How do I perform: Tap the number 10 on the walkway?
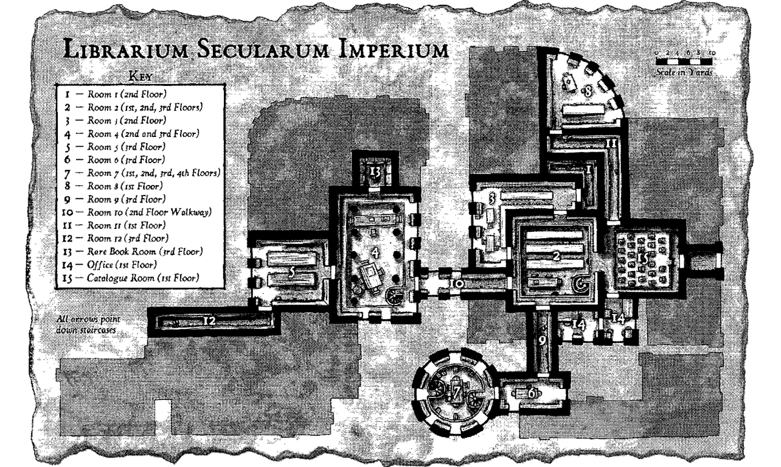458,284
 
